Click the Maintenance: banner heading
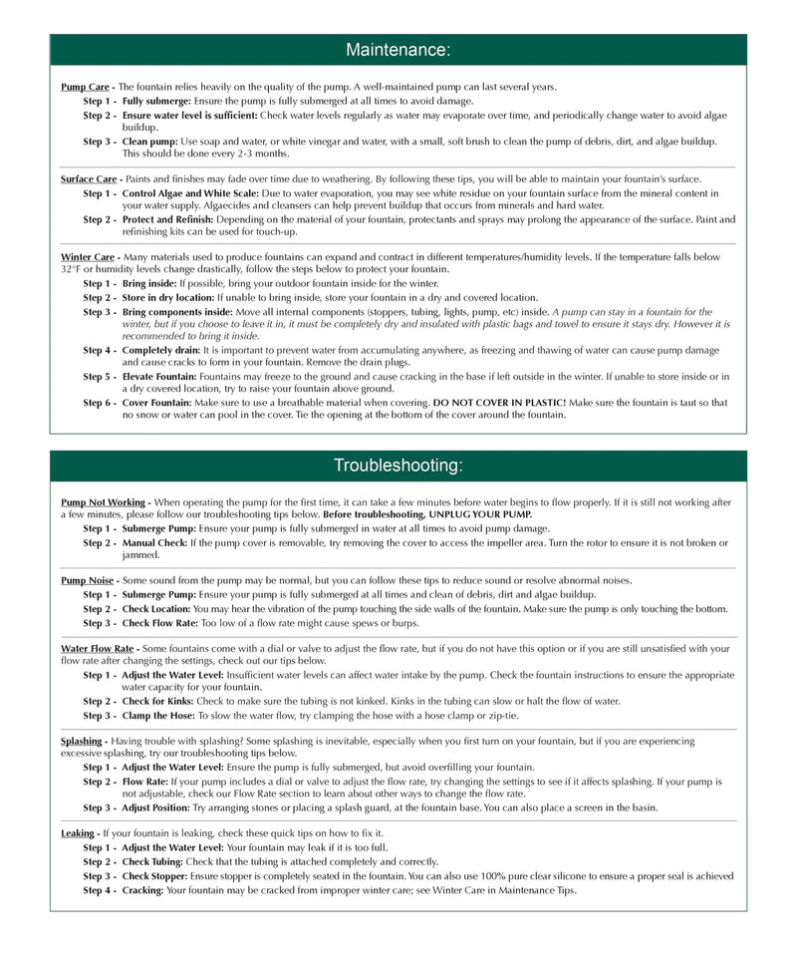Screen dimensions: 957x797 pyautogui.click(x=398, y=50)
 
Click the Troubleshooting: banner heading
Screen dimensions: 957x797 pyautogui.click(x=398, y=466)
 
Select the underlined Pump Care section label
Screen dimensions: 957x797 pyautogui.click(x=85, y=87)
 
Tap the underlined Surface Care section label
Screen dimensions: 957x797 pyautogui.click(x=89, y=179)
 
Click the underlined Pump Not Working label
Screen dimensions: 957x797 pyautogui.click(x=104, y=501)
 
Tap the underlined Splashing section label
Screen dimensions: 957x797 pyautogui.click(x=82, y=741)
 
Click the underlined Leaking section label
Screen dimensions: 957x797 pyautogui.click(x=78, y=832)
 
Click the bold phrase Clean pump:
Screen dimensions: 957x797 pyautogui.click(x=150, y=142)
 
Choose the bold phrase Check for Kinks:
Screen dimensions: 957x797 pyautogui.click(x=159, y=701)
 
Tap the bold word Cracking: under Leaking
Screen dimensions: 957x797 pyautogui.click(x=143, y=890)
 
